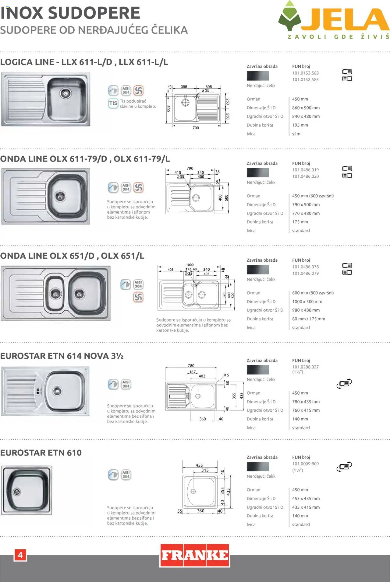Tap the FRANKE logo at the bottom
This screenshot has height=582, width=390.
click(x=195, y=555)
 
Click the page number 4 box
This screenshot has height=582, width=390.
click(x=20, y=555)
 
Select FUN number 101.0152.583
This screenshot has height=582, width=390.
click(x=305, y=73)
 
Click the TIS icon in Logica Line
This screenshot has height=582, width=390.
click(x=113, y=103)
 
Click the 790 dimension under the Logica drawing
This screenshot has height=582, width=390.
click(x=196, y=128)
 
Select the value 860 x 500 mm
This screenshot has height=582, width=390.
click(x=306, y=108)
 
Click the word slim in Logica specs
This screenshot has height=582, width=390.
click(x=296, y=134)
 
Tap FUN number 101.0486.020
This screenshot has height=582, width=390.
click(x=305, y=176)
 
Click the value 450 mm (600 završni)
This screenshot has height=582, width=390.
click(x=313, y=196)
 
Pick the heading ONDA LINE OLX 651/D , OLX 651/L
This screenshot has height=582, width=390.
click(x=72, y=256)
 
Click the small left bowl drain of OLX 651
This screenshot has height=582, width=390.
click(x=55, y=293)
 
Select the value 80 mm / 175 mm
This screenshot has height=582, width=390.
click(x=308, y=319)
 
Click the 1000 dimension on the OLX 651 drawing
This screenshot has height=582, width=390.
click(x=190, y=265)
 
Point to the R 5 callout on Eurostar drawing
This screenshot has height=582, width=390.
click(x=226, y=375)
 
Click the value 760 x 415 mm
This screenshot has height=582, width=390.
click(x=306, y=410)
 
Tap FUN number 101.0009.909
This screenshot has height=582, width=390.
click(x=305, y=464)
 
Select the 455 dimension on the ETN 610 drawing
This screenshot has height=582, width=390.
click(x=199, y=465)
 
